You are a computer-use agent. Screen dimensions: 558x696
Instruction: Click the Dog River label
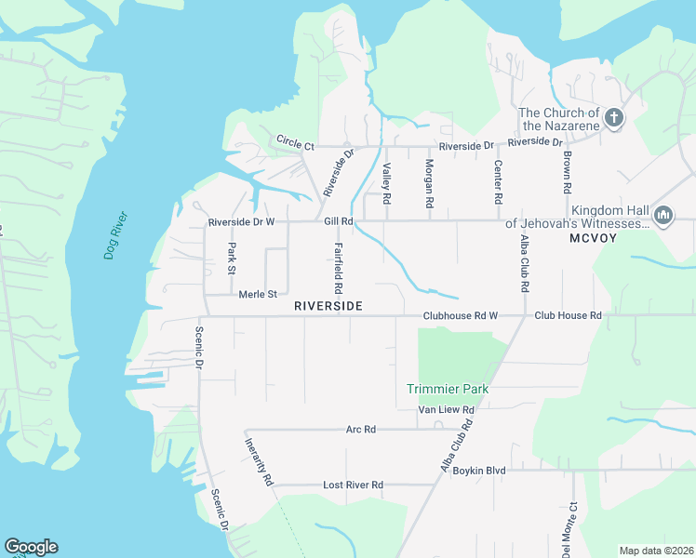[115, 236]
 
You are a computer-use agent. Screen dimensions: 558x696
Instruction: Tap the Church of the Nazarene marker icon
[613, 118]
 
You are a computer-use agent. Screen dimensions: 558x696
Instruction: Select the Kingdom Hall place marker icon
[663, 217]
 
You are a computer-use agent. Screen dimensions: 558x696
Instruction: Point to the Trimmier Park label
[448, 389]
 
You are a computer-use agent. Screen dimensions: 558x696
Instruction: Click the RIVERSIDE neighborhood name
[328, 306]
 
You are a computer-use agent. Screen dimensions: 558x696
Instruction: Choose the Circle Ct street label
[296, 142]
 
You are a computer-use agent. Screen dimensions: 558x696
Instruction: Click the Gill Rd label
[339, 221]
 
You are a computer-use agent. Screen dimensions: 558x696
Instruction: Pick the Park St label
[232, 259]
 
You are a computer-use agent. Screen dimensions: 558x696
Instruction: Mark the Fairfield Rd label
[339, 269]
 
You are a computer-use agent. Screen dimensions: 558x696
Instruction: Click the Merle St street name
[258, 295]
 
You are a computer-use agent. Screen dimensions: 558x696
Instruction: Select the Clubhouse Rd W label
[460, 316]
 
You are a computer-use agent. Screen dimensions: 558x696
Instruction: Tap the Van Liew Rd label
[447, 409]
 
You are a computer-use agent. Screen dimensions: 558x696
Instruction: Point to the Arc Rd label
[360, 430]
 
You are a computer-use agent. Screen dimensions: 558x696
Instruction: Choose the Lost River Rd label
[353, 485]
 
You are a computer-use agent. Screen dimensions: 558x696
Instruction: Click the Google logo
[31, 547]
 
